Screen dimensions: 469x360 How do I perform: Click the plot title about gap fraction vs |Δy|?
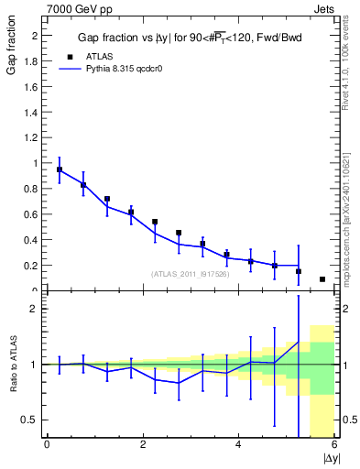pos(191,37)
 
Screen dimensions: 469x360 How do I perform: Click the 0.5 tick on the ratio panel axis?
pos(29,420)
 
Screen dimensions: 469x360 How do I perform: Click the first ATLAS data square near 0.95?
pos(60,169)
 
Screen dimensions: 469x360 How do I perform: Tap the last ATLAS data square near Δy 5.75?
pos(322,279)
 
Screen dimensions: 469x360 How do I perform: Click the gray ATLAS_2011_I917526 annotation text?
pos(189,274)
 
